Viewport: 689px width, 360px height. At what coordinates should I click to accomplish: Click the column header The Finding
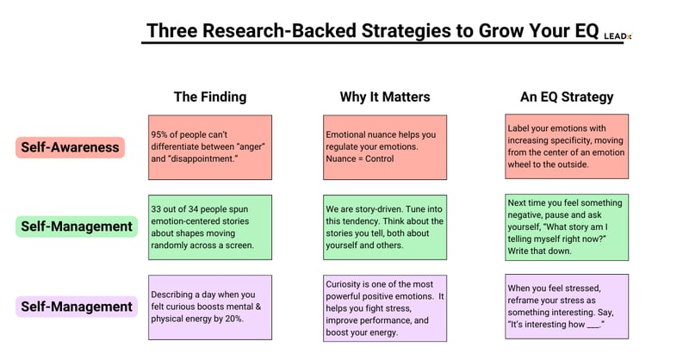pyautogui.click(x=209, y=96)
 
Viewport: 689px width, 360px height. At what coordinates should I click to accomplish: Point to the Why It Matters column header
pyautogui.click(x=385, y=96)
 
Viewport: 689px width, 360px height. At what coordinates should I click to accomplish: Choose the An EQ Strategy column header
pyautogui.click(x=566, y=96)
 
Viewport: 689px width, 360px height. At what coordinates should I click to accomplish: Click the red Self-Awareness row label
pyautogui.click(x=71, y=147)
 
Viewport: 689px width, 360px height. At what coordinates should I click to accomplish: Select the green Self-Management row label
pyautogui.click(x=77, y=227)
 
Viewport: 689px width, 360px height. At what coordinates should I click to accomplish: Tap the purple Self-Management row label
pyautogui.click(x=77, y=306)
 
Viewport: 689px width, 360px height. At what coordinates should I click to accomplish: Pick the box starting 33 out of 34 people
pyautogui.click(x=209, y=227)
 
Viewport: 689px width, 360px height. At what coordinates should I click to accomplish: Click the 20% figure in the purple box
pyautogui.click(x=234, y=320)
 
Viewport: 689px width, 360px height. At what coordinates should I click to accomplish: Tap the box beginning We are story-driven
pyautogui.click(x=385, y=227)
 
